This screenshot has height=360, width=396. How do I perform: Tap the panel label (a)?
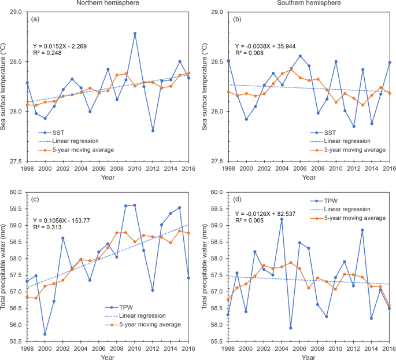pyautogui.click(x=35, y=19)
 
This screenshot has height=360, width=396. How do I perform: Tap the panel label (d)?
pyautogui.click(x=236, y=200)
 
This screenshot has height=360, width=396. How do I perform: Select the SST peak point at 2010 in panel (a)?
pyautogui.click(x=135, y=34)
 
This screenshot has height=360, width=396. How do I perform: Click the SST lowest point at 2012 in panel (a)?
pyautogui.click(x=153, y=131)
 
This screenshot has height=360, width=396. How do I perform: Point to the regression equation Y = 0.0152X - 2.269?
pyautogui.click(x=60, y=46)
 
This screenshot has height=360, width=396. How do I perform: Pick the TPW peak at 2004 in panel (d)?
pyautogui.click(x=282, y=219)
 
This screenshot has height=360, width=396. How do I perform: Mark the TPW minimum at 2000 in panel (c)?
pyautogui.click(x=45, y=334)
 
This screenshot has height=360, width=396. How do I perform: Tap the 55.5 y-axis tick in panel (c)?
pyautogui.click(x=16, y=341)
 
